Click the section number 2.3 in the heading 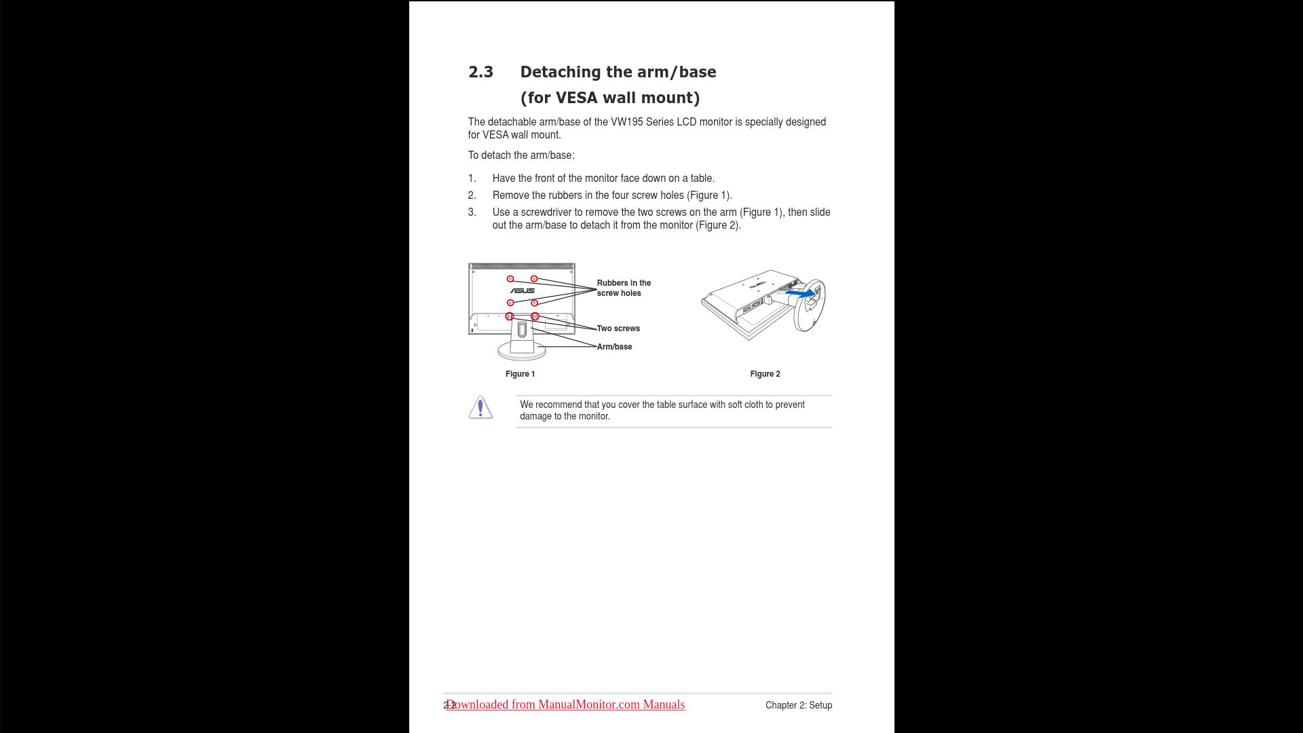(x=480, y=72)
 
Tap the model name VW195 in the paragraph (x=626, y=122)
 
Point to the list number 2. (x=472, y=195)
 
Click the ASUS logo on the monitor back (x=523, y=290)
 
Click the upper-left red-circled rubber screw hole (x=510, y=279)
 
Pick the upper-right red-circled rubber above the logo (x=534, y=279)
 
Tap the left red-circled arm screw (x=510, y=316)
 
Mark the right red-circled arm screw (x=535, y=316)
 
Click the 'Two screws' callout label (x=618, y=328)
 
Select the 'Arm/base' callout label (x=614, y=347)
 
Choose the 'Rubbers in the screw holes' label (x=623, y=288)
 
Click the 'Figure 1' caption (x=520, y=374)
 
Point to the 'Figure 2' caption (x=765, y=374)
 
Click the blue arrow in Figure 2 (x=801, y=294)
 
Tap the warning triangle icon (x=480, y=407)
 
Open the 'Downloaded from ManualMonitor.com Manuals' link (x=565, y=704)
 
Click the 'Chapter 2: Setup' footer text (x=798, y=705)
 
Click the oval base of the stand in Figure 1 (x=521, y=352)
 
